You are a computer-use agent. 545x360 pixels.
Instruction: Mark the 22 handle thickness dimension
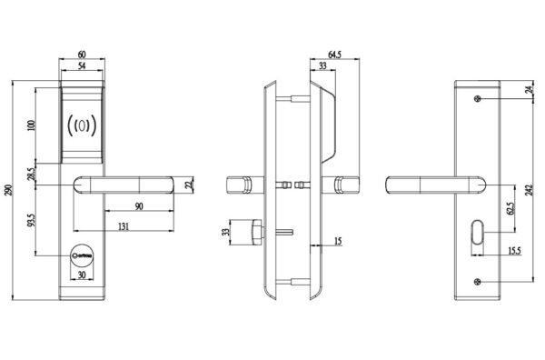(188, 185)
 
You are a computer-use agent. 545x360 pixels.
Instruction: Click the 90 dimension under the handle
(139, 206)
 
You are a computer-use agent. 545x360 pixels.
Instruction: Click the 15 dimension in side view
(337, 240)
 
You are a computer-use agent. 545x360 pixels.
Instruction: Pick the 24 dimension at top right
(530, 90)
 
